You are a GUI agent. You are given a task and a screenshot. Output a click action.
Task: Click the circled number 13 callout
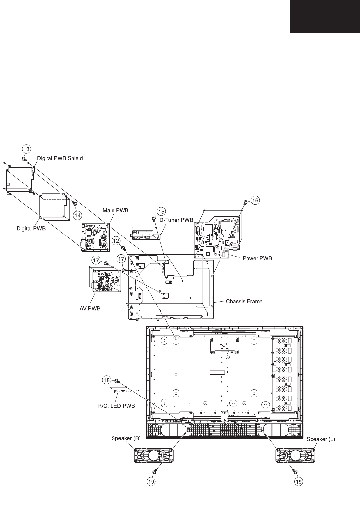26,149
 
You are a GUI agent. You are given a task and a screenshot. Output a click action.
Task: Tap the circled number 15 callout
161,211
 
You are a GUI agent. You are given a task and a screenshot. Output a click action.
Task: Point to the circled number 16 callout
255,201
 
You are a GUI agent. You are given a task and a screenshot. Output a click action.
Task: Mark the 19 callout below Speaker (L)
299,481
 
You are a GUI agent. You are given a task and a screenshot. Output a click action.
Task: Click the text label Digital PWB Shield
60,158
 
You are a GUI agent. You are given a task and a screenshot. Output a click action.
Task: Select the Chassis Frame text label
244,301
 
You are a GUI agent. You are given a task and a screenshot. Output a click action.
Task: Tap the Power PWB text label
257,259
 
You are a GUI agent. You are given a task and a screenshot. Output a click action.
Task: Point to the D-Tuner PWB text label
176,220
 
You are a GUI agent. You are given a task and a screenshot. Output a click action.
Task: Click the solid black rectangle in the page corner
325,16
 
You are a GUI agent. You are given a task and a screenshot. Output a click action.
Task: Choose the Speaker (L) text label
321,439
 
